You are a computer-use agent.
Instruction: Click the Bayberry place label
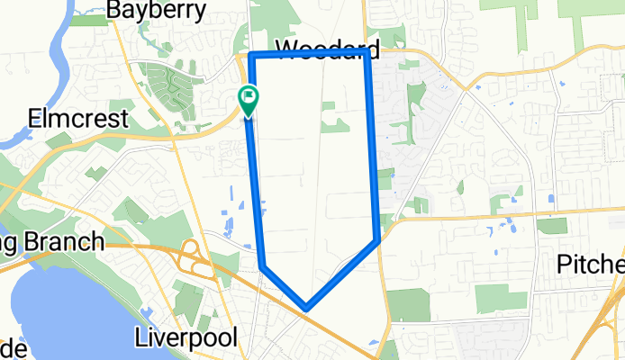click(169, 10)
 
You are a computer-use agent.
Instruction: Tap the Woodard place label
click(328, 49)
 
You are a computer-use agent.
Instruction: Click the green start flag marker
click(248, 98)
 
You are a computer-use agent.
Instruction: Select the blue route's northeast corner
click(367, 57)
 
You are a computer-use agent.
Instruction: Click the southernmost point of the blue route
click(307, 308)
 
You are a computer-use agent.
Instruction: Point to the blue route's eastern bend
click(376, 239)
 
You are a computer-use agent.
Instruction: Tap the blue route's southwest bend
click(263, 266)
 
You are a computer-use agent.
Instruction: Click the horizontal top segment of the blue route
click(306, 57)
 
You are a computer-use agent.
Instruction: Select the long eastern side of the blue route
click(371, 148)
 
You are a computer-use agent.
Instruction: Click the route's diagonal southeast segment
click(342, 274)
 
